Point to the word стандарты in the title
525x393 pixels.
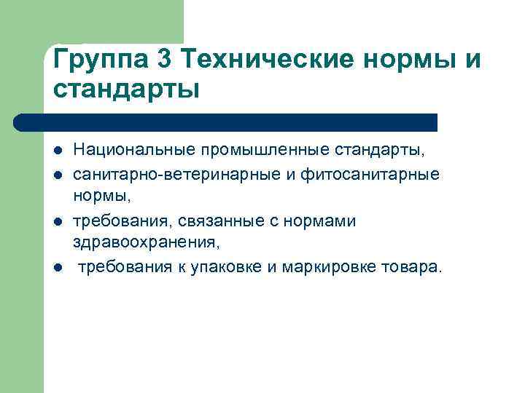[125, 90]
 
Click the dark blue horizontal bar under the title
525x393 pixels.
[226, 122]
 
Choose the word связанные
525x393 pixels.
[217, 221]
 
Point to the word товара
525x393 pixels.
[411, 269]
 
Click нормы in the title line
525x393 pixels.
[415, 59]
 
